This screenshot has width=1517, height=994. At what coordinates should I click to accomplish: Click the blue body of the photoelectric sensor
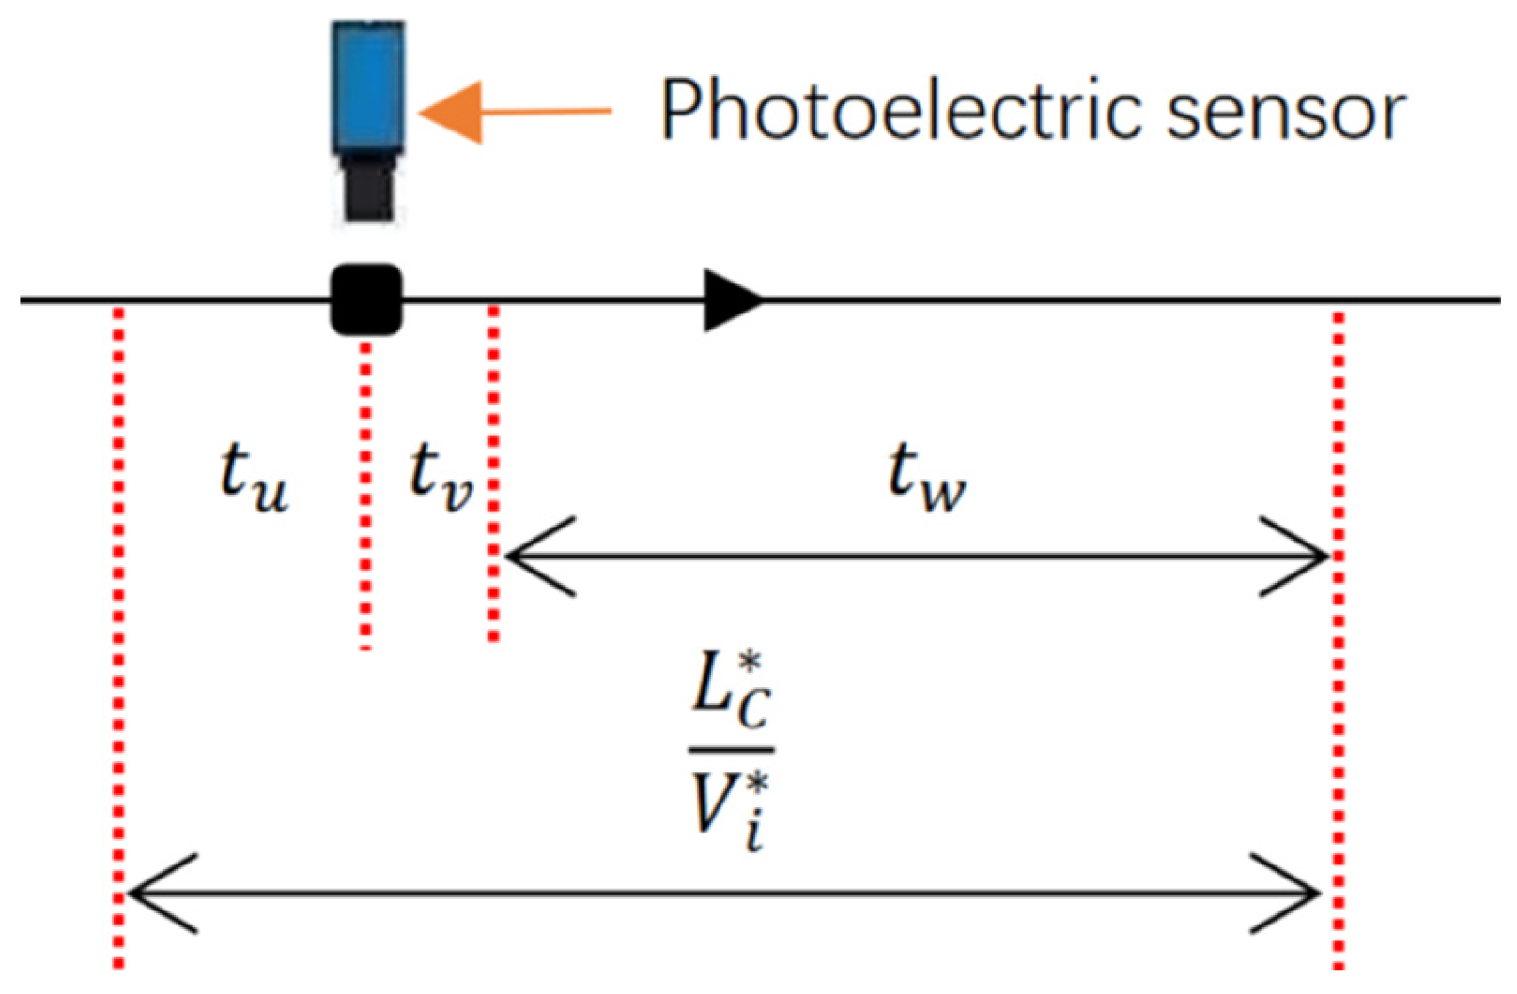pyautogui.click(x=367, y=86)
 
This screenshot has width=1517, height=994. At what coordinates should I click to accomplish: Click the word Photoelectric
pyautogui.click(x=897, y=111)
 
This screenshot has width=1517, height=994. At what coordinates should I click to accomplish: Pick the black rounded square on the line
pyautogui.click(x=366, y=299)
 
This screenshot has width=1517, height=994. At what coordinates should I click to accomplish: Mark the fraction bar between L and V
pyautogui.click(x=732, y=749)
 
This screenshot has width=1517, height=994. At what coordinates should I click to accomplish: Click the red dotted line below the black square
pyautogui.click(x=365, y=497)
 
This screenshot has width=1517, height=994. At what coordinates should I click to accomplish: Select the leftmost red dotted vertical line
pyautogui.click(x=118, y=638)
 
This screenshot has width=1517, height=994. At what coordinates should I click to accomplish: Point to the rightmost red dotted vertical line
pyautogui.click(x=1339, y=638)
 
